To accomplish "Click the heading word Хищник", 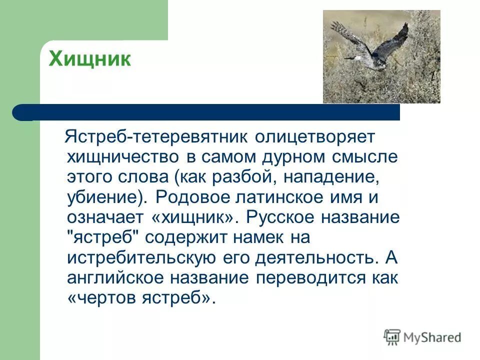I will point(89,59).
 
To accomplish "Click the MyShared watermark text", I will point(432,337).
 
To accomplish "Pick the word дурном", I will point(292,157).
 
